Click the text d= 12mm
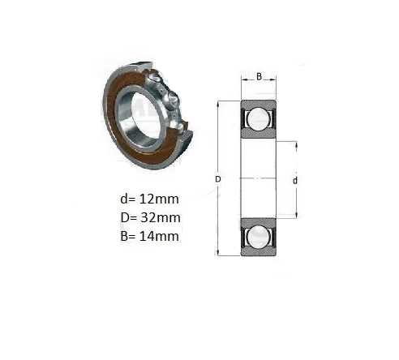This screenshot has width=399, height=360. (x=149, y=199)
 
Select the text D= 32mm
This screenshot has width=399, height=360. (x=150, y=217)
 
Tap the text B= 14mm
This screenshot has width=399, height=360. (x=149, y=236)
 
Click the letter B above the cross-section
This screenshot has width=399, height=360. (x=259, y=77)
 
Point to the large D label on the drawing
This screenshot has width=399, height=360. (x=218, y=179)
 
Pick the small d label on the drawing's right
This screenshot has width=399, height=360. (x=295, y=181)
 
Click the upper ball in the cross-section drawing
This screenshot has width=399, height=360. (x=259, y=119)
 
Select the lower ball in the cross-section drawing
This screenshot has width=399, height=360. (x=259, y=238)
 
